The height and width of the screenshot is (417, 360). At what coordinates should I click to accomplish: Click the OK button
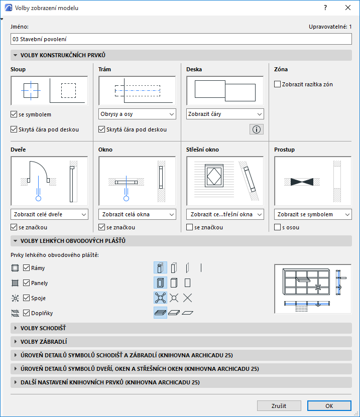click(x=329, y=405)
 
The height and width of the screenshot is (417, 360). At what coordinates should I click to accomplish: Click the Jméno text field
click(x=181, y=39)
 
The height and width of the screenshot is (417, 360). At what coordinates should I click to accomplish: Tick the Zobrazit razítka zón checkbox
click(x=277, y=84)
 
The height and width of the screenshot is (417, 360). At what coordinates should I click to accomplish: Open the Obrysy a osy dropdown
click(x=137, y=114)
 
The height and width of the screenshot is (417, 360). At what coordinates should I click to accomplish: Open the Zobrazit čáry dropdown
click(x=225, y=114)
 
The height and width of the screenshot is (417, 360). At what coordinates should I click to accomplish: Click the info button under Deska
click(x=257, y=129)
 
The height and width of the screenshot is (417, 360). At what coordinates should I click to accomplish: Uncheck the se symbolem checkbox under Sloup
click(x=14, y=114)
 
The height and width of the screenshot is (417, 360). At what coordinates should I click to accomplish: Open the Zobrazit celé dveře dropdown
click(x=49, y=214)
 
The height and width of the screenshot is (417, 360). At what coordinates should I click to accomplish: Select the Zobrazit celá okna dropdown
click(x=137, y=214)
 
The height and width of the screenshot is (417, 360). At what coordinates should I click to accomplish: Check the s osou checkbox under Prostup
click(x=277, y=227)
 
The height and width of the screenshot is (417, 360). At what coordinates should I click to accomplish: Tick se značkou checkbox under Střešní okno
click(x=189, y=227)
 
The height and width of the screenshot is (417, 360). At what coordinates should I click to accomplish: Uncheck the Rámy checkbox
click(x=26, y=268)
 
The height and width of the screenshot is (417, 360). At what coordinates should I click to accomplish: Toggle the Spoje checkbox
click(x=26, y=298)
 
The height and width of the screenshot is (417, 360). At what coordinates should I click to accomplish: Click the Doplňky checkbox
click(x=26, y=313)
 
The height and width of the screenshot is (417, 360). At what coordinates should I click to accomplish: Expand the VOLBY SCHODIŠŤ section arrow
click(x=16, y=328)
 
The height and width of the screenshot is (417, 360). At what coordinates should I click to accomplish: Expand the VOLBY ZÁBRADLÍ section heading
click(x=44, y=342)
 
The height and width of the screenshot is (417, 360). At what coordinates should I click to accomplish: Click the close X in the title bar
click(x=348, y=8)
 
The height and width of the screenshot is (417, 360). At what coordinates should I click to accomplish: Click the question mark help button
click(x=325, y=8)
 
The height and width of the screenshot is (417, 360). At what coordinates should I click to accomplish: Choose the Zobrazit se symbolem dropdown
click(x=313, y=214)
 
